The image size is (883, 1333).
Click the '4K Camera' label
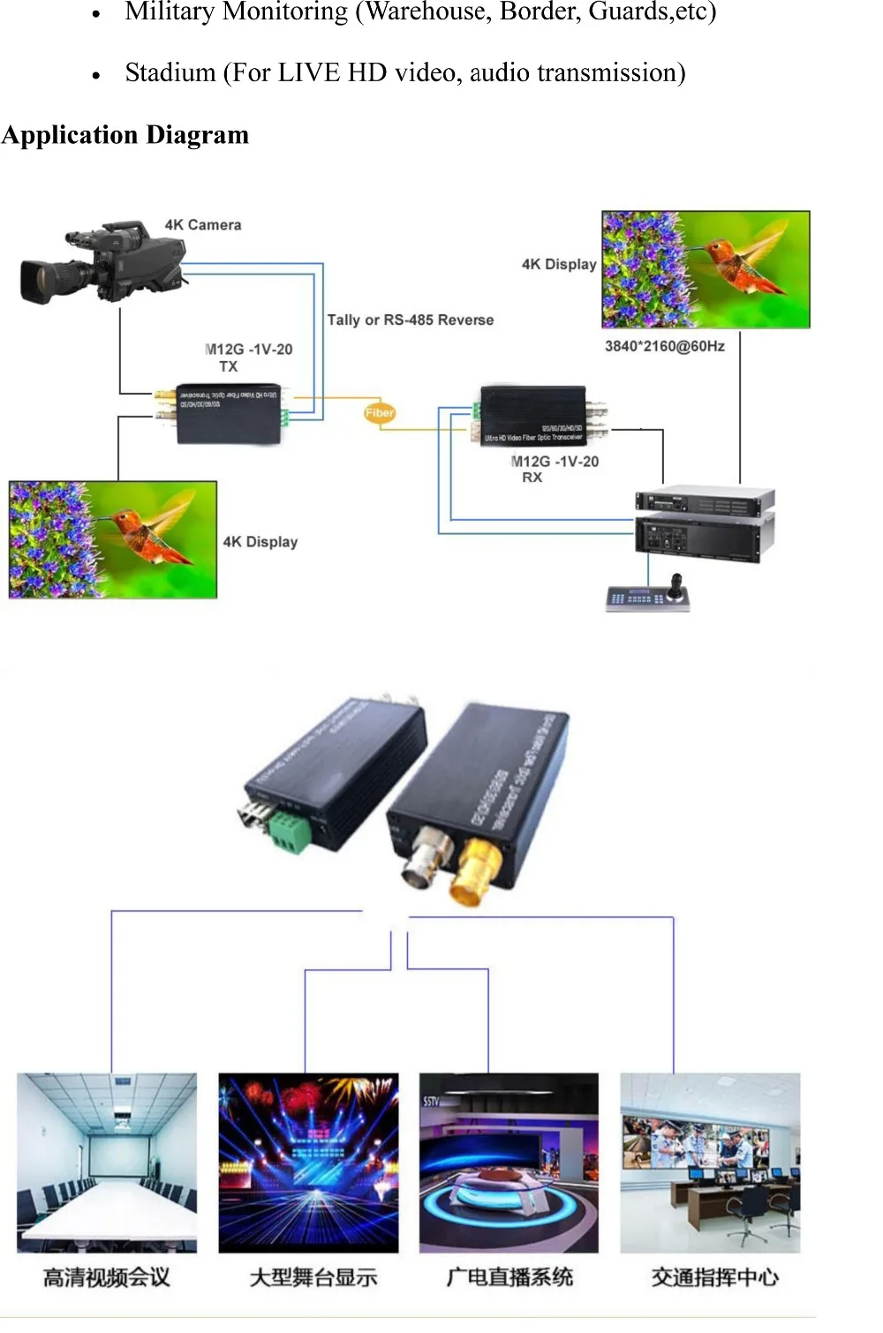click(202, 225)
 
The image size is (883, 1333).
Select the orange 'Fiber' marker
click(380, 412)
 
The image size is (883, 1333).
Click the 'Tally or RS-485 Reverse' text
click(410, 320)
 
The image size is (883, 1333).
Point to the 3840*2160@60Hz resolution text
click(664, 346)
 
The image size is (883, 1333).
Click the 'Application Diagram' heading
click(125, 135)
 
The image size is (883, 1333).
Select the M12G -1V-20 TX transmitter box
click(228, 413)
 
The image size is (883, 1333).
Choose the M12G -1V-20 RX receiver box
click(532, 414)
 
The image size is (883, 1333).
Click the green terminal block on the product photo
click(290, 832)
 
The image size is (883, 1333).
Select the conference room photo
click(107, 1162)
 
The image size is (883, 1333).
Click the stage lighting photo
click(308, 1162)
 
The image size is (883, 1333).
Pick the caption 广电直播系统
click(509, 1277)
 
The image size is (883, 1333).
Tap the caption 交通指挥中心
click(714, 1277)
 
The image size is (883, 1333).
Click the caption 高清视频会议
click(107, 1277)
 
